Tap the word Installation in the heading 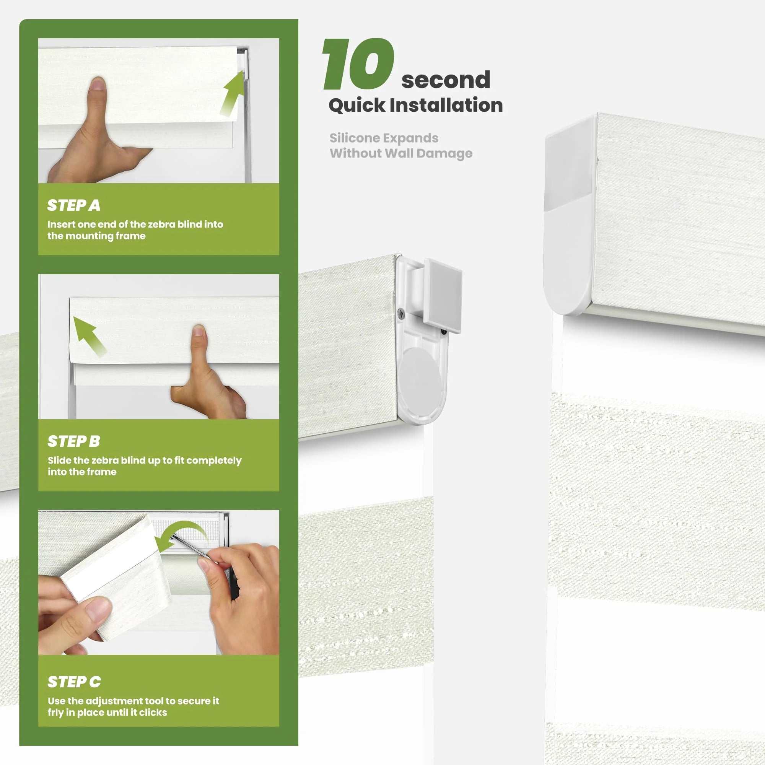(446, 105)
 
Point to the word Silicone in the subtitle (355, 138)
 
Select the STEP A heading (74, 205)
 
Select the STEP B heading (74, 441)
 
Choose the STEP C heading (74, 682)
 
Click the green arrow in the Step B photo (90, 337)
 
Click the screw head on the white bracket (401, 314)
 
